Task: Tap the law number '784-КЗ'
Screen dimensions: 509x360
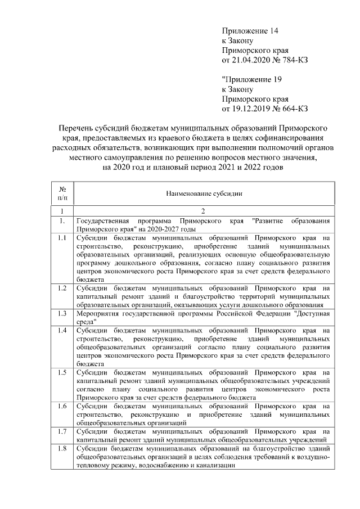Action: tap(293, 59)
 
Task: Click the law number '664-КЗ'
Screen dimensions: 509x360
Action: tap(293, 109)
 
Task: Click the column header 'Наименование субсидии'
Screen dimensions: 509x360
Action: tap(204, 193)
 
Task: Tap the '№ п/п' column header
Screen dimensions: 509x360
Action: tap(63, 193)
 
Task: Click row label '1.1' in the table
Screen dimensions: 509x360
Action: tap(63, 238)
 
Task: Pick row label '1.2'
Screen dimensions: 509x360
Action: tap(63, 288)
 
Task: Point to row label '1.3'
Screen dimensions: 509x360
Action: tap(63, 313)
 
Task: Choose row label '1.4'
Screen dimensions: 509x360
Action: tap(63, 330)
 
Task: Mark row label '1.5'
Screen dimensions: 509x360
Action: tap(63, 372)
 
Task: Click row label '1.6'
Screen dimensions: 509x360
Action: tap(63, 406)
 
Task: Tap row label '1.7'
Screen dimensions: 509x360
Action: tap(63, 431)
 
